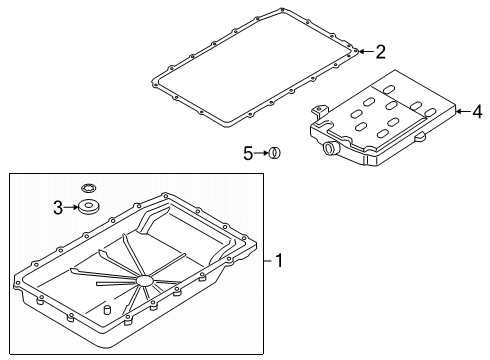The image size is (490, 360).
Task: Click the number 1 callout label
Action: click(280, 262)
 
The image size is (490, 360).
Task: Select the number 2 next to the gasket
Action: click(380, 50)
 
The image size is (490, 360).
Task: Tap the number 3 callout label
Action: click(59, 207)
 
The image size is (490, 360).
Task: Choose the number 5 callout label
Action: click(250, 153)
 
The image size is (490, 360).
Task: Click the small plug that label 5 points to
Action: click(276, 153)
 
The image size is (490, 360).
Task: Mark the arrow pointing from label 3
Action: click(72, 207)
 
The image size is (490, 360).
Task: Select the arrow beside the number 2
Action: click(365, 50)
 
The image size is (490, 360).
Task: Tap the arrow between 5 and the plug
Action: click(263, 153)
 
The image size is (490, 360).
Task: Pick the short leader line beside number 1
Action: click(267, 262)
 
